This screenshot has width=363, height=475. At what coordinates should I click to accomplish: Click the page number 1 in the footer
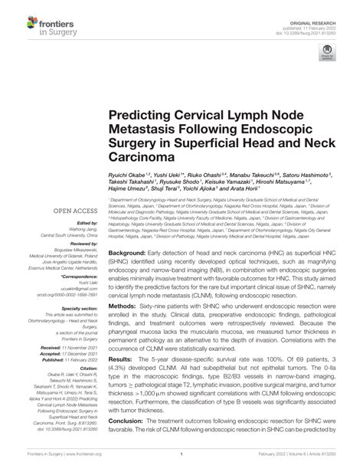click(x=181, y=465)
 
